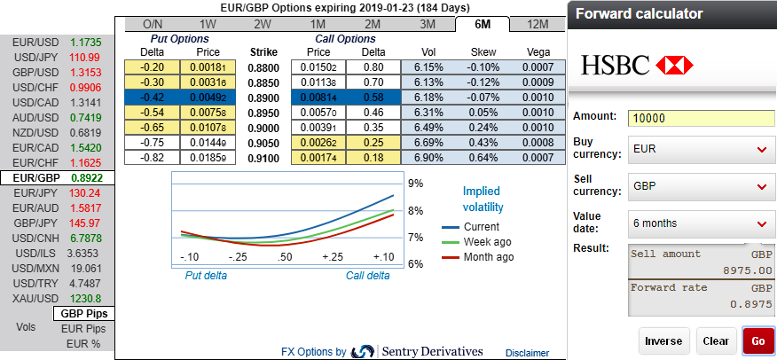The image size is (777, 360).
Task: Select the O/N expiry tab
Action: (x=153, y=24)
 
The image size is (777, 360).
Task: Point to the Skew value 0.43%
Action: (x=483, y=143)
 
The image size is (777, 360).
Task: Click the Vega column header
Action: (x=538, y=52)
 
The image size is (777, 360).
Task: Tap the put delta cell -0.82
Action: (x=153, y=158)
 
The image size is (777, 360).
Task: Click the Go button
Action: (x=757, y=340)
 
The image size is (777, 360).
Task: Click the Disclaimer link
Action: (x=527, y=353)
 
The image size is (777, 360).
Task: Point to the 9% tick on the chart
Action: (x=414, y=184)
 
